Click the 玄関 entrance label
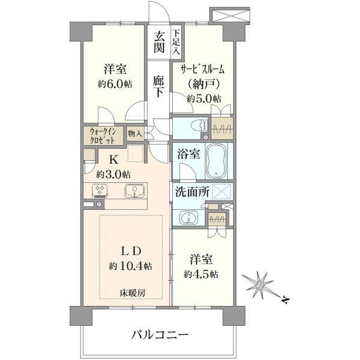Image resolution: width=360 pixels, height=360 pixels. click(x=159, y=42)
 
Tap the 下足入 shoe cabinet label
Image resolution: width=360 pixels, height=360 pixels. click(x=176, y=42)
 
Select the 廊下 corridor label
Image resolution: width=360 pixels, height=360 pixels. click(x=158, y=86)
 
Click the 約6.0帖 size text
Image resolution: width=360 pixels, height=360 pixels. click(x=115, y=84)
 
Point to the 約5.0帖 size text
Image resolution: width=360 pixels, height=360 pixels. click(x=204, y=99)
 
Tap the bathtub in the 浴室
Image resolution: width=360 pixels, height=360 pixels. click(x=217, y=161)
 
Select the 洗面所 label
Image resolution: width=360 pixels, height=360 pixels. click(x=193, y=192)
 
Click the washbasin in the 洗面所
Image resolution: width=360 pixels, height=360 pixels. click(x=189, y=217)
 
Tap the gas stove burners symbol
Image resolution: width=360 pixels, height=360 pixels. click(x=100, y=191)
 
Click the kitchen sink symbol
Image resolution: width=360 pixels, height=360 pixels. click(x=134, y=191)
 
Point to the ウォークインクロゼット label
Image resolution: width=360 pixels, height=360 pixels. click(x=103, y=136)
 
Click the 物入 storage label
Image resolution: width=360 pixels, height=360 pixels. click(x=135, y=133)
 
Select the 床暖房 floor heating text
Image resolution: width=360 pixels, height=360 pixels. click(x=132, y=293)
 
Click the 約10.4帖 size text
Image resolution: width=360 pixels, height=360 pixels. click(x=130, y=266)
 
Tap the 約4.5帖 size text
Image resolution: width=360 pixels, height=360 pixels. click(x=201, y=275)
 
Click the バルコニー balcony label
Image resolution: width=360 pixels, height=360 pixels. click(x=160, y=335)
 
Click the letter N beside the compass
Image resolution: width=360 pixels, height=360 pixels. click(x=286, y=299)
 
